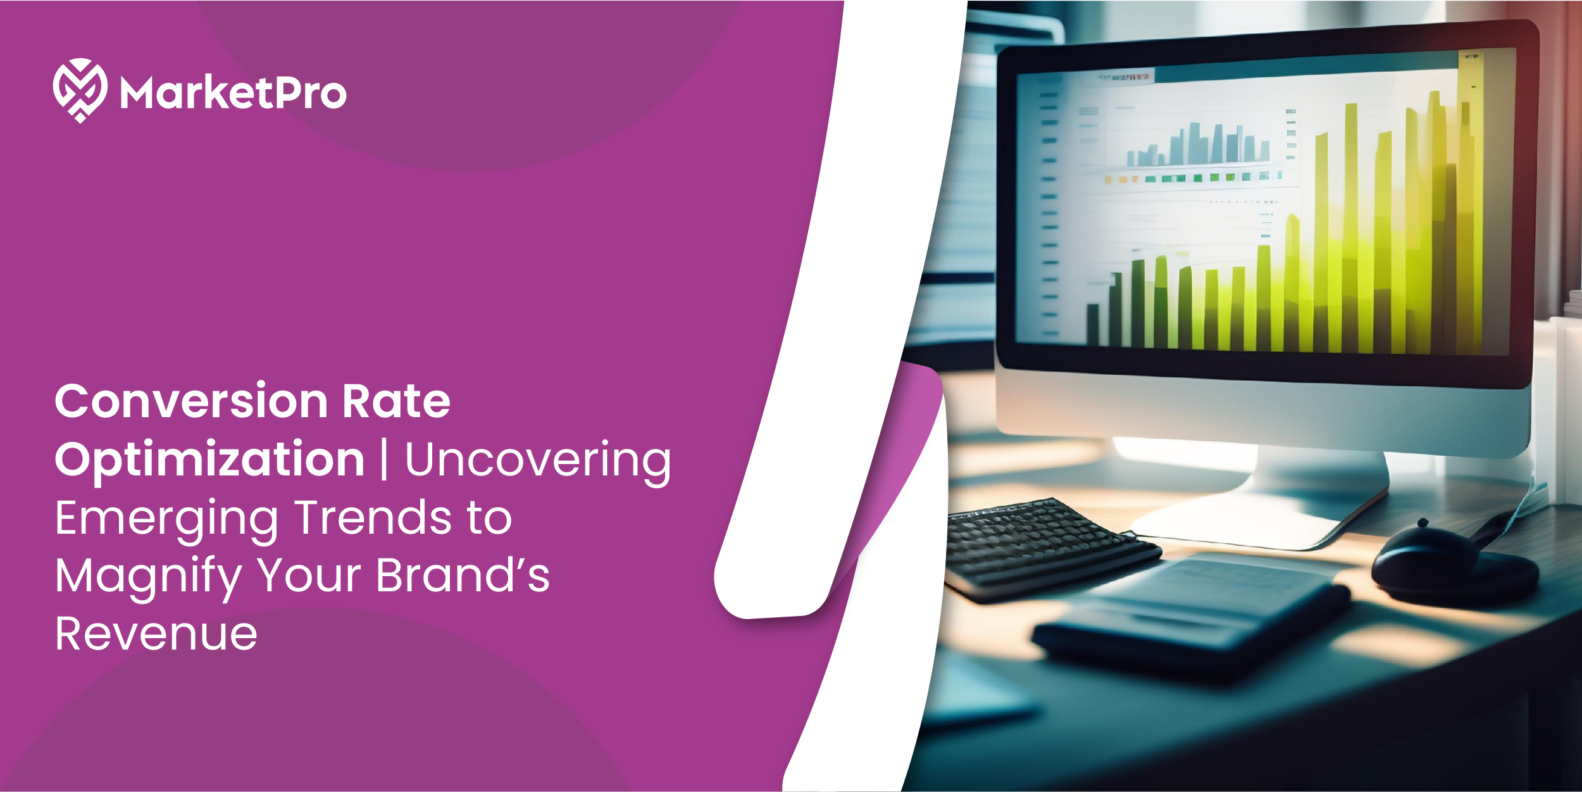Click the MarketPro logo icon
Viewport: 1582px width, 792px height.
(80, 90)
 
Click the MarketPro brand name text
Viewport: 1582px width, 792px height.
(234, 94)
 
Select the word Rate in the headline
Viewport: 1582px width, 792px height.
(396, 401)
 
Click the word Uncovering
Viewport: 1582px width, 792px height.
(538, 460)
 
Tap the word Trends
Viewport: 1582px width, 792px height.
(373, 518)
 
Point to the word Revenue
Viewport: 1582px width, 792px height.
(156, 634)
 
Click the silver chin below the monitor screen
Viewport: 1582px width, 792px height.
(1266, 412)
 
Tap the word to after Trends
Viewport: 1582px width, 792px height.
(489, 518)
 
